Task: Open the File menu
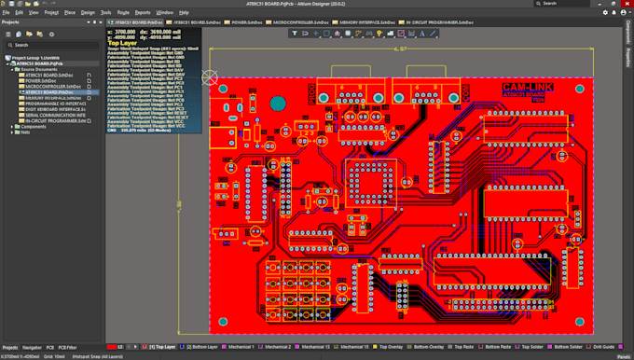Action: click(6, 13)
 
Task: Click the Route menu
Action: click(123, 13)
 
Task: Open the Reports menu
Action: click(143, 13)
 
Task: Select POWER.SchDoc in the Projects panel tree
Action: click(43, 81)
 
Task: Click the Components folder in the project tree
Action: click(34, 127)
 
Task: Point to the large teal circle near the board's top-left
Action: click(278, 103)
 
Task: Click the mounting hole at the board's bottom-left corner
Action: click(224, 323)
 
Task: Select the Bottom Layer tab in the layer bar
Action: click(202, 347)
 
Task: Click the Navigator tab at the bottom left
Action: click(32, 347)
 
